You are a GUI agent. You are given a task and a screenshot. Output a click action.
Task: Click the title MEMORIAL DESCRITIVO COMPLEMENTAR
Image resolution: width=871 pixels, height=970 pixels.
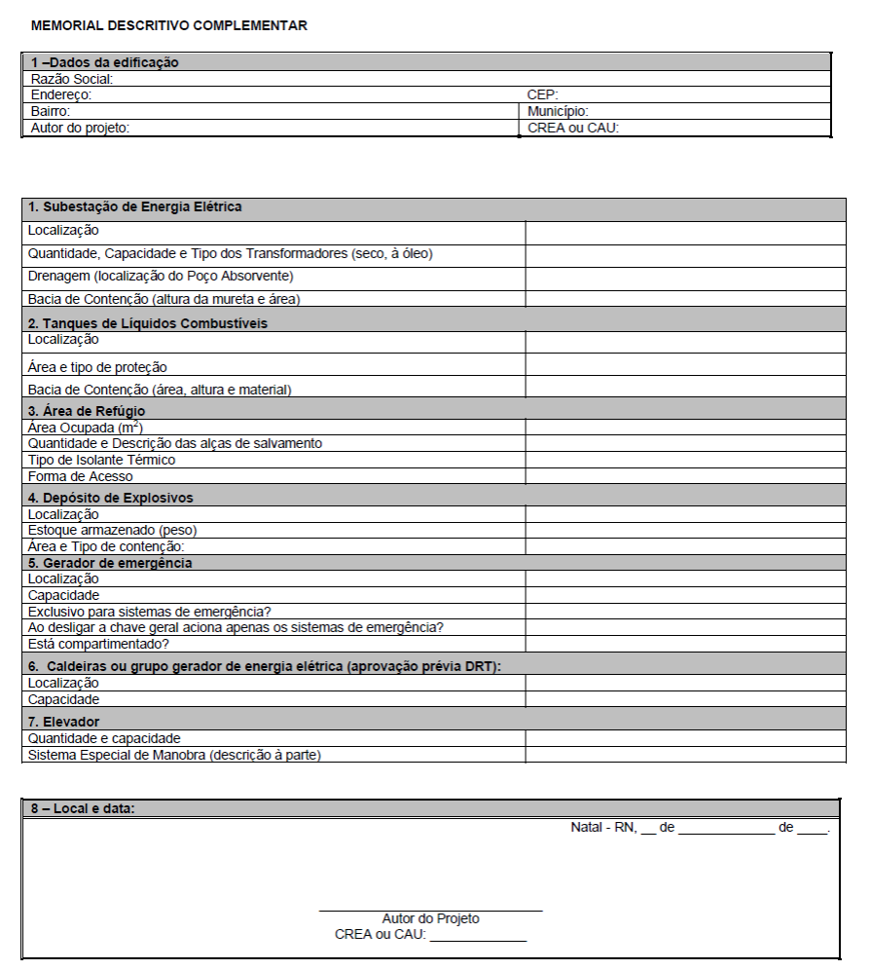coord(169,26)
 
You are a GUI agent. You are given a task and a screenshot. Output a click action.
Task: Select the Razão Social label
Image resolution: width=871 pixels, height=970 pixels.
coord(72,79)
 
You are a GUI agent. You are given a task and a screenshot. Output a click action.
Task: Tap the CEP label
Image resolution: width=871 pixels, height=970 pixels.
coord(541,95)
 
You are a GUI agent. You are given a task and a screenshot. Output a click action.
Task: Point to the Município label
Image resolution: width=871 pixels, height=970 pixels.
coord(558,112)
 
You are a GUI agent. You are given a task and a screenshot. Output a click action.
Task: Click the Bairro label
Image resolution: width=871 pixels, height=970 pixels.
coord(51,112)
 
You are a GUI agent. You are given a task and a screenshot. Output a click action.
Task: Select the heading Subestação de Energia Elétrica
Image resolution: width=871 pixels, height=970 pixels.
coord(135,207)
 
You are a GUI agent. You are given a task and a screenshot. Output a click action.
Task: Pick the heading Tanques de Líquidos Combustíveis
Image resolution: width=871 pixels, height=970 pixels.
coord(148,323)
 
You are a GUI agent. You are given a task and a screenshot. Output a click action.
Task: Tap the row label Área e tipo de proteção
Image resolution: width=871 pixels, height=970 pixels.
coord(97,368)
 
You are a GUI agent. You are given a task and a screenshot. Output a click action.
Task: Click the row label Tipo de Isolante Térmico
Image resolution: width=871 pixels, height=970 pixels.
coord(102,460)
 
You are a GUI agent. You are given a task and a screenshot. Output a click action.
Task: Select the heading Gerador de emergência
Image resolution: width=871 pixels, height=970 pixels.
coord(110,563)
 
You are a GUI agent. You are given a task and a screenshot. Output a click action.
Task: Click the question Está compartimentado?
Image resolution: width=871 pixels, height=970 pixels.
coord(98,645)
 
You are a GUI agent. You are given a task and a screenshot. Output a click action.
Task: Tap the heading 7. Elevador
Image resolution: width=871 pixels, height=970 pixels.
coord(64,722)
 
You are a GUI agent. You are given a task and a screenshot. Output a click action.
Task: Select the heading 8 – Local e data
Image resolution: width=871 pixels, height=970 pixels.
coord(83,809)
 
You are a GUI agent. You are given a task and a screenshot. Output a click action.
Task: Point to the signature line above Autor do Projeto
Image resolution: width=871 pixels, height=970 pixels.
coord(430,911)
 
